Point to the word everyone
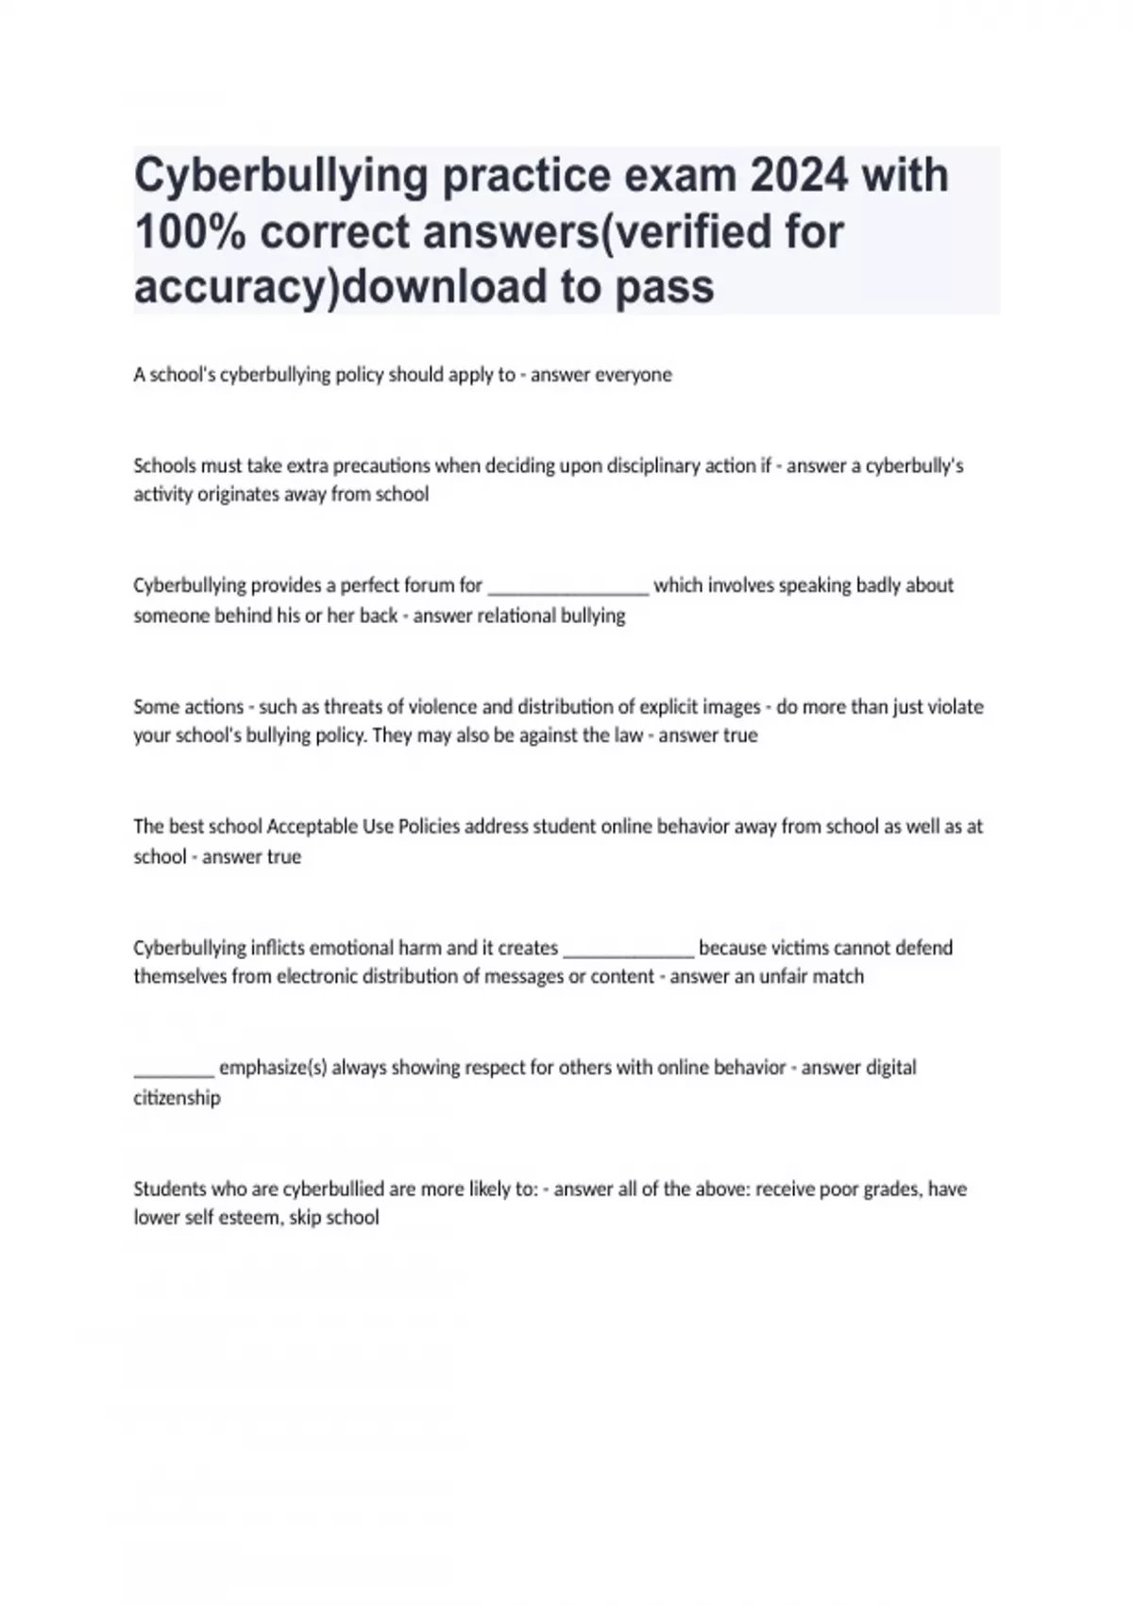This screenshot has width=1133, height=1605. tap(633, 375)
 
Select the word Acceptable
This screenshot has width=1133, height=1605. tap(313, 826)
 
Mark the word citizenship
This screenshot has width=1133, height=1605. tap(178, 1097)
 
